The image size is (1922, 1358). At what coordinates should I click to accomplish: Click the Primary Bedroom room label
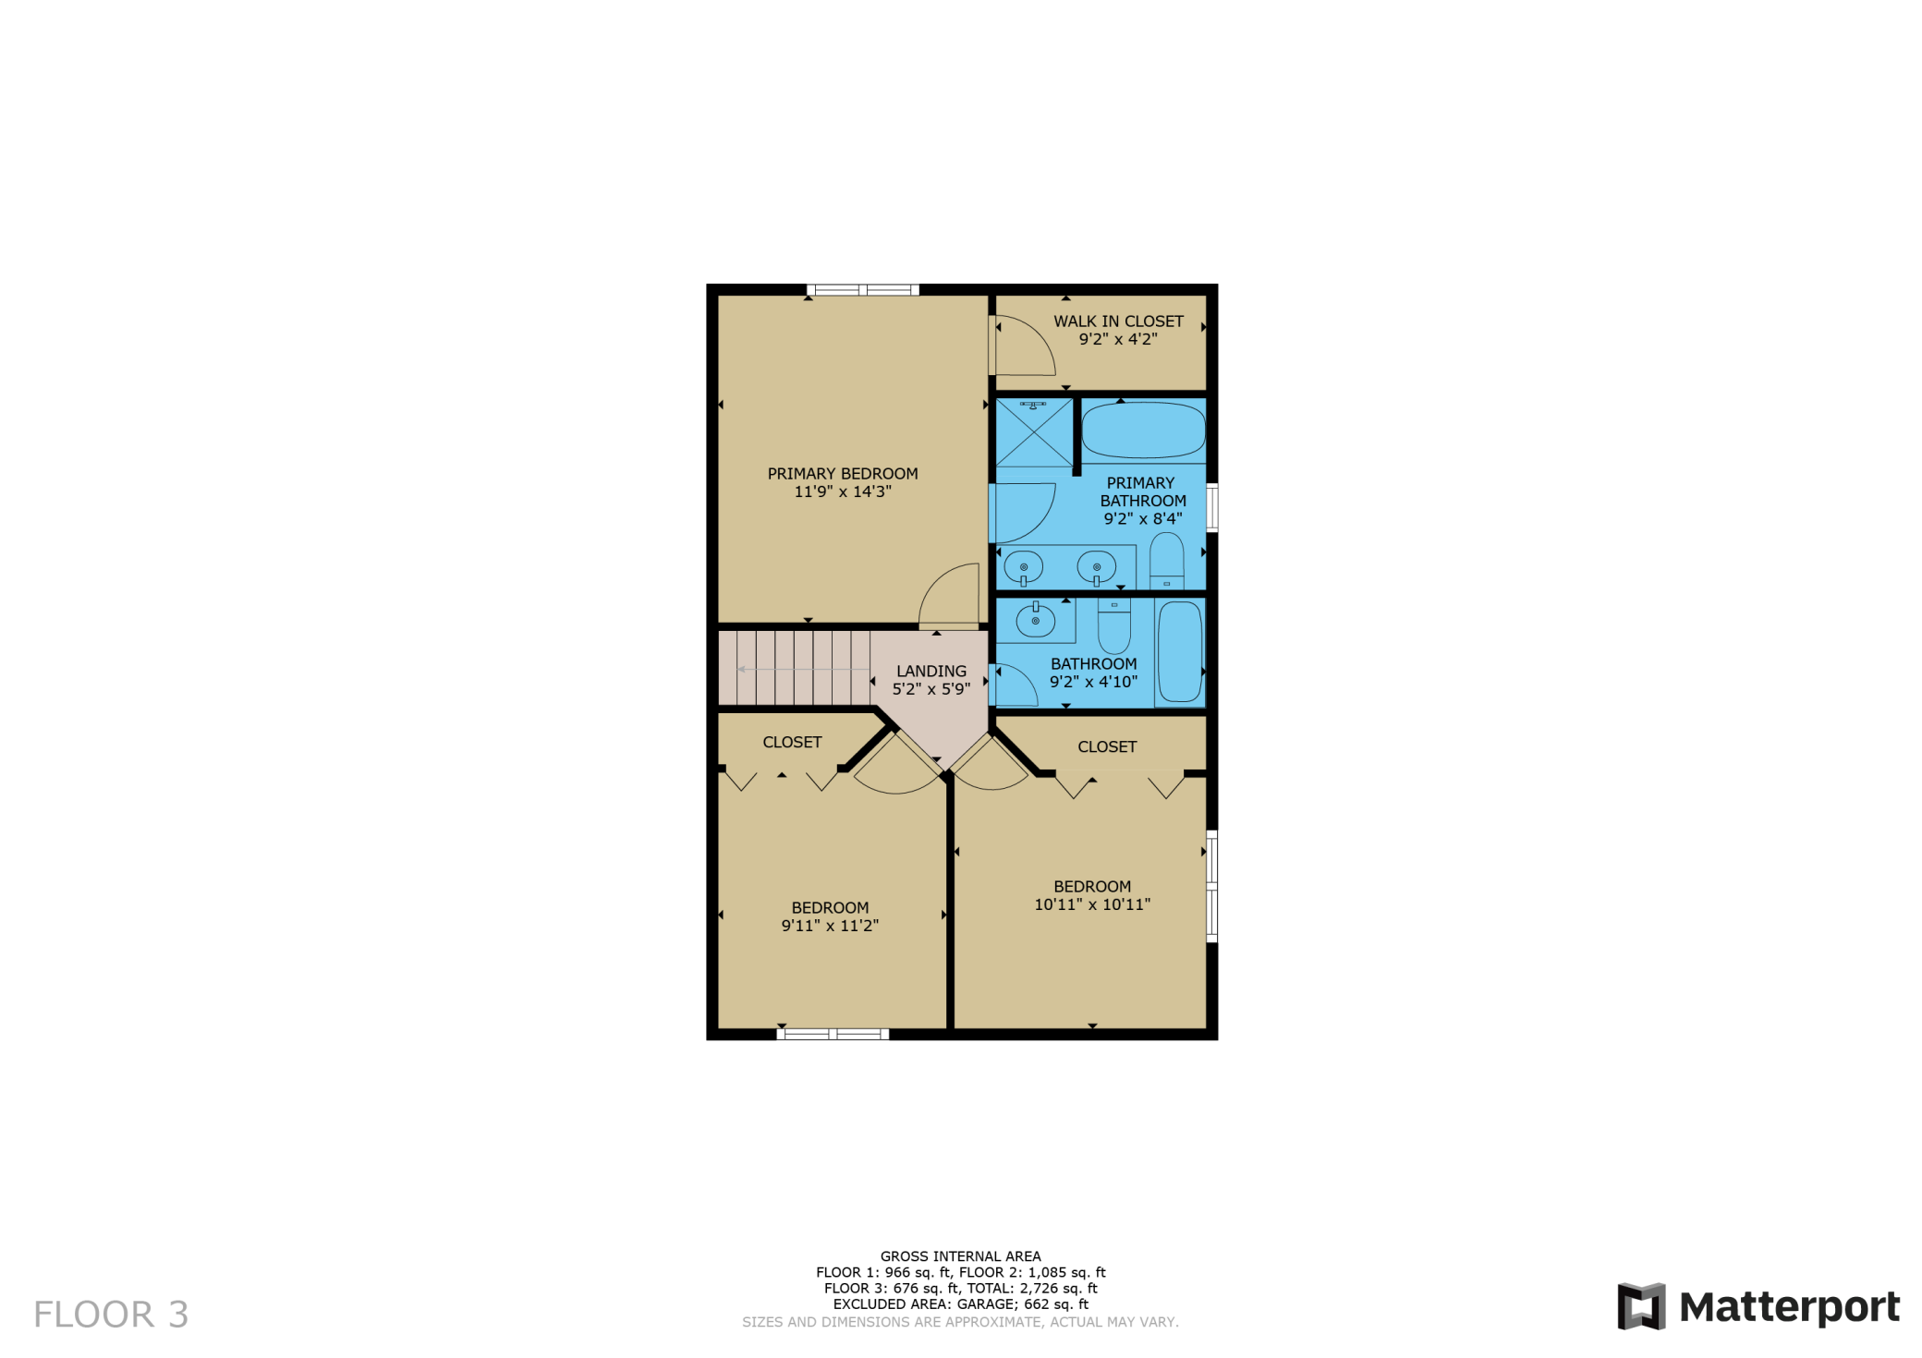click(843, 474)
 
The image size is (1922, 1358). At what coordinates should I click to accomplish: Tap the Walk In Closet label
click(1118, 321)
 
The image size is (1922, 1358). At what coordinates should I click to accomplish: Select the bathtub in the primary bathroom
click(1143, 430)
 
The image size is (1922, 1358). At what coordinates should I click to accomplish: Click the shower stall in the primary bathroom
click(1034, 432)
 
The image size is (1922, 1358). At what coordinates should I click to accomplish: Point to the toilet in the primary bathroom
click(1166, 561)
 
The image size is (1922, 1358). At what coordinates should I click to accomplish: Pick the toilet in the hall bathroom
click(1114, 626)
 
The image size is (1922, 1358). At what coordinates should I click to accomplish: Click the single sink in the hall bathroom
click(1036, 620)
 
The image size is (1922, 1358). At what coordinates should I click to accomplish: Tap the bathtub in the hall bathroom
click(1180, 652)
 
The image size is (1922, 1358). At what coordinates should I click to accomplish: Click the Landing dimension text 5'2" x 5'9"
click(931, 689)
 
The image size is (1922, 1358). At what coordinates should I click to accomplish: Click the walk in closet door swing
click(1024, 346)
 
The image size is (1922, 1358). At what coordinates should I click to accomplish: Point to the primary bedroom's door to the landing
click(949, 596)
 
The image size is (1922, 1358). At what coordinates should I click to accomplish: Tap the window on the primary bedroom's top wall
click(863, 290)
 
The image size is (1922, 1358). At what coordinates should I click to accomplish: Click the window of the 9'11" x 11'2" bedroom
click(833, 1034)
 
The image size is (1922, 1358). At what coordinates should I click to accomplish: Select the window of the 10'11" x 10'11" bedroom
click(1212, 887)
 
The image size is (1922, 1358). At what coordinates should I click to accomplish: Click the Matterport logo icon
click(1641, 1306)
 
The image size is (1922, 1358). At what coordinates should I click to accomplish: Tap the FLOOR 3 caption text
click(111, 1315)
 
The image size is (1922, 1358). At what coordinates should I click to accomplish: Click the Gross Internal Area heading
click(961, 1256)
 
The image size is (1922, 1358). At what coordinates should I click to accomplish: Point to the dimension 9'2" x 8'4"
click(1143, 519)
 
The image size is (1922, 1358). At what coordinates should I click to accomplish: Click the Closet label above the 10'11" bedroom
click(1107, 746)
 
